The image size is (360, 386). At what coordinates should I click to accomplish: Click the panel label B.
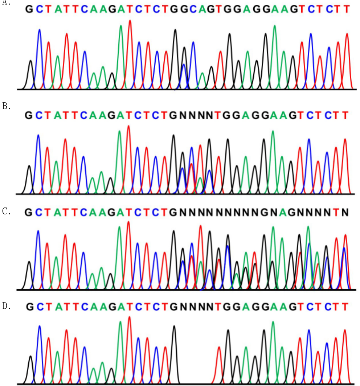coord(6,106)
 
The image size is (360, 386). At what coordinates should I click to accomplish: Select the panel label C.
coord(6,211)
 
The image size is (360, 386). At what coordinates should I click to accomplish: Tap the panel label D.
coord(6,306)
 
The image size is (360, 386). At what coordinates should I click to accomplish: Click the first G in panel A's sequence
coord(29,9)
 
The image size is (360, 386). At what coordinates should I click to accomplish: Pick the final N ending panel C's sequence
coord(345,212)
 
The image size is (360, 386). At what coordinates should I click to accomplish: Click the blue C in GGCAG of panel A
coord(193,9)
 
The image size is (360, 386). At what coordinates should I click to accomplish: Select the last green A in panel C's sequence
coord(283,212)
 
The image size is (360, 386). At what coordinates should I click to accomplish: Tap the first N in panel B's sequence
coord(183,115)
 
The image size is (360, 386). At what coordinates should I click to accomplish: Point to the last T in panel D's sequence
coord(345,307)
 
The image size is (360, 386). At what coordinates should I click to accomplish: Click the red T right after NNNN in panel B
coord(217,115)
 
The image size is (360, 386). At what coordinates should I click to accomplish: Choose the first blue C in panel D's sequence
coord(40,307)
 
